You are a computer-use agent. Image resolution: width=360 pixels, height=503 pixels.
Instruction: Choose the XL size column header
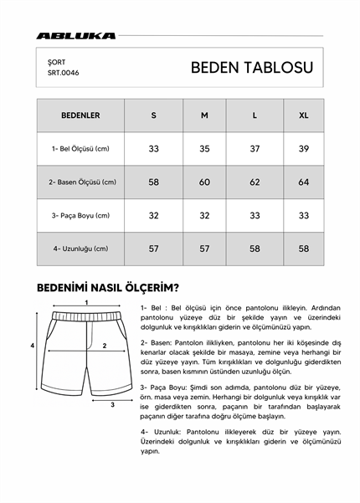point(303,115)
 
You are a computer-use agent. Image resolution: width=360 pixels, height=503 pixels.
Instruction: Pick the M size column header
point(204,115)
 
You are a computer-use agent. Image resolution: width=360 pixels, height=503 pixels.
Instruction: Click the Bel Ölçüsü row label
point(80,148)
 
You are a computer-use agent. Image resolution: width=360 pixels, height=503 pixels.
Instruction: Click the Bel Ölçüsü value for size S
point(154,148)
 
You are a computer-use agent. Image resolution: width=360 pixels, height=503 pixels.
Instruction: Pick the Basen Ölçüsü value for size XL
point(303,182)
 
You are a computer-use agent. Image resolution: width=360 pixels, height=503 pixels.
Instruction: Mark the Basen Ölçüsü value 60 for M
point(204,182)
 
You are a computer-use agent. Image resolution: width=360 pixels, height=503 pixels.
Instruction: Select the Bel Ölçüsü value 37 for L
point(255,148)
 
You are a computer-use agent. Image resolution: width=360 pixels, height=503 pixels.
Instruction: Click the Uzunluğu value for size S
point(154,249)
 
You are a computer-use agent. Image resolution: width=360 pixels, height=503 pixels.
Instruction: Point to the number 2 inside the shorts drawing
point(104,345)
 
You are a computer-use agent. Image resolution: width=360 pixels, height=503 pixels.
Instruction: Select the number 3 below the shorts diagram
point(112,403)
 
